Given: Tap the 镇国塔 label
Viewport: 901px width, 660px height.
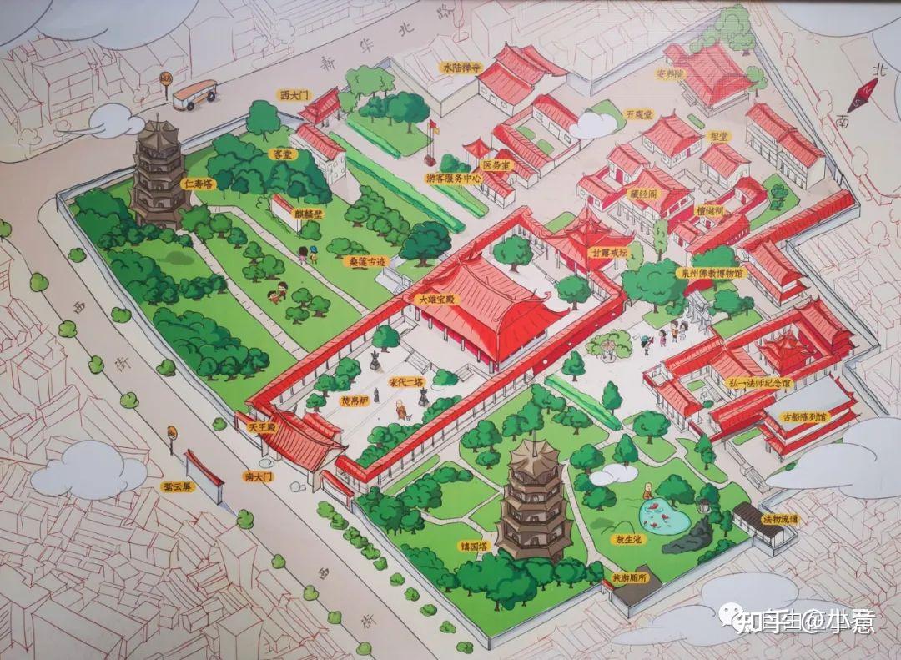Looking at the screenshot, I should click(473, 547).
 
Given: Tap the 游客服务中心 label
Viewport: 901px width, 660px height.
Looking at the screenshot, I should click(454, 178).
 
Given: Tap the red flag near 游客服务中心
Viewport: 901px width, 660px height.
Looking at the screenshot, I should click(433, 128).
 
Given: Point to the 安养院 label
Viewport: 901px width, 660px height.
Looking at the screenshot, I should click(669, 74).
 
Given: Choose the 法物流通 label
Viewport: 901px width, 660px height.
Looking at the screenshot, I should click(780, 518).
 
